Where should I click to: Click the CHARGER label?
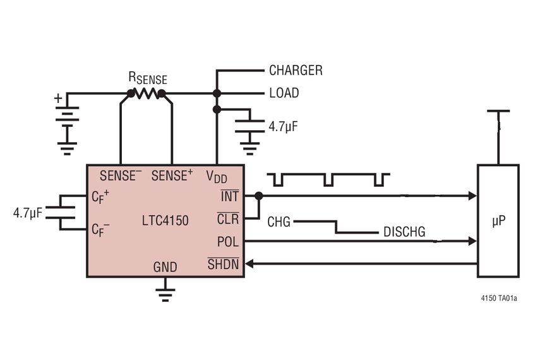click(x=296, y=70)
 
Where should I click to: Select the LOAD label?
click(x=284, y=93)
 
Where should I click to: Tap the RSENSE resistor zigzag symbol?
click(x=147, y=93)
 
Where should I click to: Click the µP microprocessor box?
click(x=498, y=220)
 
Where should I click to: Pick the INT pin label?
click(x=229, y=196)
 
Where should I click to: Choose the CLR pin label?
click(x=228, y=219)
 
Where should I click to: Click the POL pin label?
click(x=228, y=241)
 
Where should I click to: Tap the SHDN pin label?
click(x=224, y=264)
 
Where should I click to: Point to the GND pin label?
click(x=165, y=267)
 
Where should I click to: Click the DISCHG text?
click(x=404, y=232)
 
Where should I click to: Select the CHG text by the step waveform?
click(x=279, y=222)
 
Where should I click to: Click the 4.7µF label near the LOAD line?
click(x=282, y=126)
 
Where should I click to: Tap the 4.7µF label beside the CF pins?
click(x=27, y=213)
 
